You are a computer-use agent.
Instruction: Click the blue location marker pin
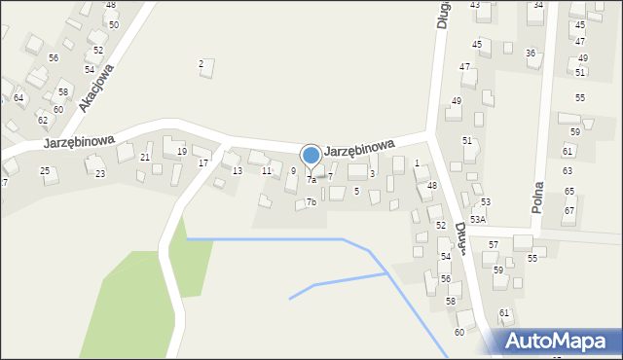click(311, 156)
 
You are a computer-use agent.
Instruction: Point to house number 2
click(202, 64)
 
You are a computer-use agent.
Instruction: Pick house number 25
click(45, 171)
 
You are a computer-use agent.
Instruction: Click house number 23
click(100, 174)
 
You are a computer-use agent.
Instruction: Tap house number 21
click(145, 158)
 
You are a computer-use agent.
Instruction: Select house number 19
click(182, 152)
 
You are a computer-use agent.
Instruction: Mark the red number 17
click(203, 162)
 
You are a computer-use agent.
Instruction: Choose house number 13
click(238, 171)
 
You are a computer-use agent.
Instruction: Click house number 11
click(267, 171)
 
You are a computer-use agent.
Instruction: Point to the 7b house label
click(311, 202)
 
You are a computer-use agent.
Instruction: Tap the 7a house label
click(311, 180)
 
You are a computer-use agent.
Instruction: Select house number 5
click(356, 192)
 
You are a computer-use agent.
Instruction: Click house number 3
click(372, 174)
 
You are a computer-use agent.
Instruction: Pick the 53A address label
click(477, 221)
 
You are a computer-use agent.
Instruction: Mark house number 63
click(568, 171)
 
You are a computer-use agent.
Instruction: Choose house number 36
click(531, 54)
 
